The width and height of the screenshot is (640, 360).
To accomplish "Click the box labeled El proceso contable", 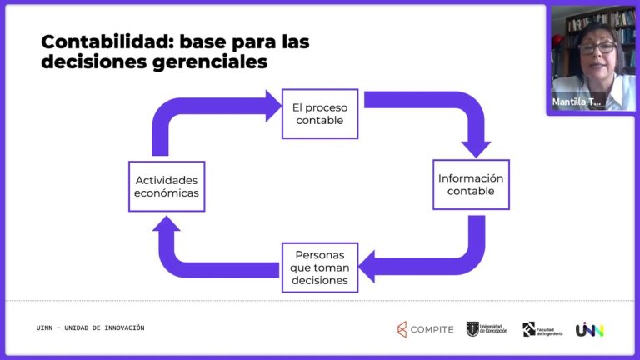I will click(319, 113).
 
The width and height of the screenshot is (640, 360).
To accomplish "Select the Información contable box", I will click(471, 184).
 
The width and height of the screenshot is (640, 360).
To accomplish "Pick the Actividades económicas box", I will click(167, 186).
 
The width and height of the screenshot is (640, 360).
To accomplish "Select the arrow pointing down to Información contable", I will click(476, 145).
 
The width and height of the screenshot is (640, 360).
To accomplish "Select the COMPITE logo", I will click(426, 329).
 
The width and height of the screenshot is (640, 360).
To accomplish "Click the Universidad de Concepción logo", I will click(486, 329).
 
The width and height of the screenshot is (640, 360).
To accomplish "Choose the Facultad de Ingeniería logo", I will click(542, 329).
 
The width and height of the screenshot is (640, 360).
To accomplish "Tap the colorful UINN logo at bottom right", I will click(589, 329).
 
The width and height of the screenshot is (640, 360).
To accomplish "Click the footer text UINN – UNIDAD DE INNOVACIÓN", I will click(90, 327).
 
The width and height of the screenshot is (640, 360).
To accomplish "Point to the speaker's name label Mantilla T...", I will click(576, 102).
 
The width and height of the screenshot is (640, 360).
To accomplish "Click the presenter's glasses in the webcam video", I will click(597, 47).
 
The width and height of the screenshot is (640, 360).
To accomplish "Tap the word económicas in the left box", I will click(167, 193).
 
